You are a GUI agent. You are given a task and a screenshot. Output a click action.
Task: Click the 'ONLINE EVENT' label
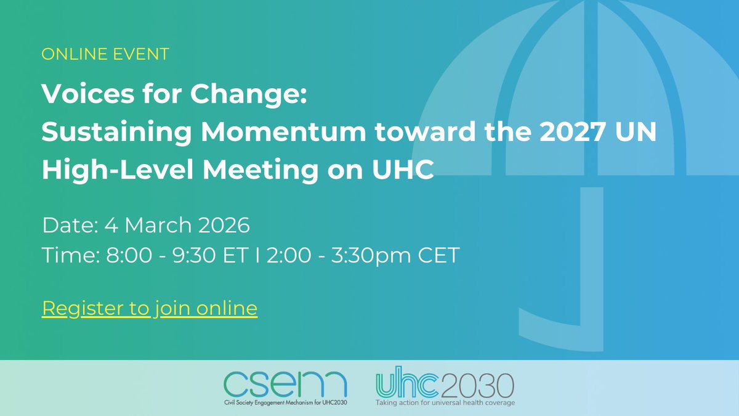tap(105, 54)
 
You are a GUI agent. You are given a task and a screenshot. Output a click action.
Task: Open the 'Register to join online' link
tap(150, 308)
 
